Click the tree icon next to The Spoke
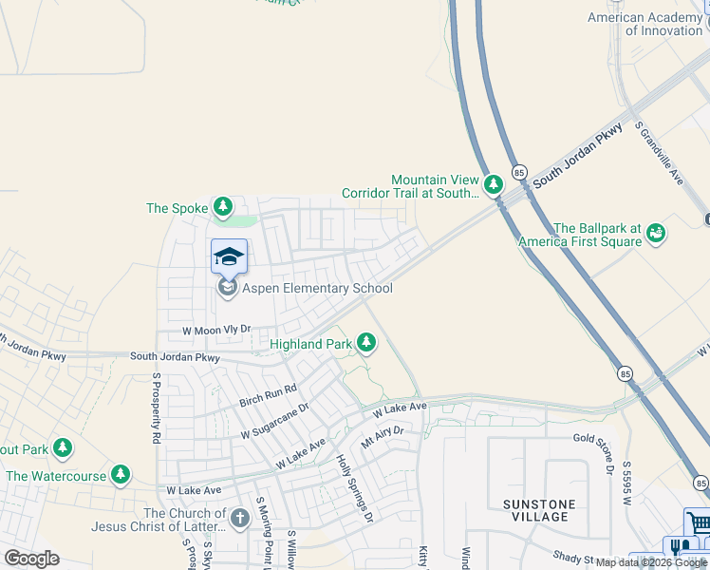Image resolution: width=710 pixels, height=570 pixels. pyautogui.click(x=223, y=206)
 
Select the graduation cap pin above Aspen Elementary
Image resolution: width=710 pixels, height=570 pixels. pyautogui.click(x=229, y=256)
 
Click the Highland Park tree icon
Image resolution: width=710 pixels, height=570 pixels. pyautogui.click(x=366, y=342)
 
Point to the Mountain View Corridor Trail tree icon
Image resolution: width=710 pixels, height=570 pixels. pyautogui.click(x=493, y=184)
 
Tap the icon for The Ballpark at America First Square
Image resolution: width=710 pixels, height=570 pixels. pyautogui.click(x=655, y=233)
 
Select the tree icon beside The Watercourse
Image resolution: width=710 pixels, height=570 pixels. pyautogui.click(x=120, y=473)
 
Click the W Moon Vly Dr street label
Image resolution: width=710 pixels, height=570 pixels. pyautogui.click(x=216, y=329)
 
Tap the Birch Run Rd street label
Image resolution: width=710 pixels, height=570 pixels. pyautogui.click(x=268, y=394)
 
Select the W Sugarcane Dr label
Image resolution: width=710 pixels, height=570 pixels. pyautogui.click(x=274, y=420)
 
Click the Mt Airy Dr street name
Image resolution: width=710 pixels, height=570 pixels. pyautogui.click(x=383, y=437)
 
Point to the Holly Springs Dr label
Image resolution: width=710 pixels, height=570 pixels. pyautogui.click(x=355, y=487)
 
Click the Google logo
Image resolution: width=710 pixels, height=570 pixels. pyautogui.click(x=30, y=558)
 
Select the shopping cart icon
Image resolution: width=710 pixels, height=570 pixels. pyautogui.click(x=697, y=523)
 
